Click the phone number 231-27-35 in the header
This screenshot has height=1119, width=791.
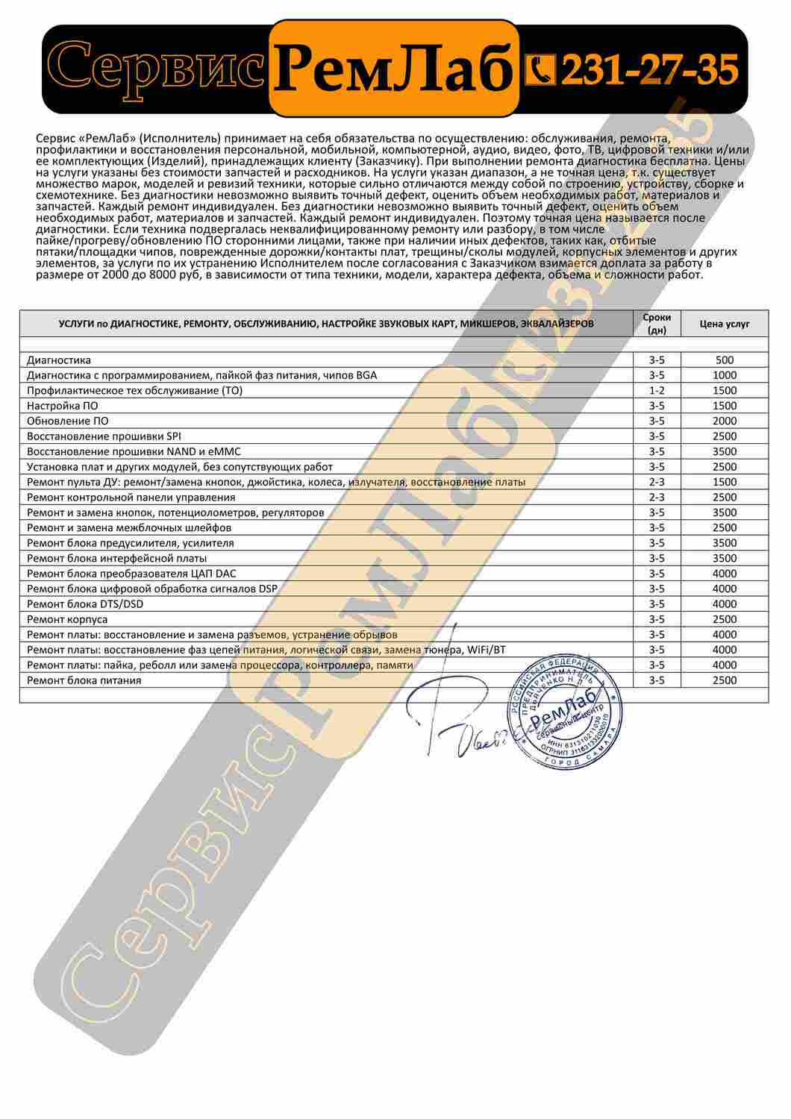(x=648, y=70)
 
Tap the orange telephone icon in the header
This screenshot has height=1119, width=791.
(x=540, y=70)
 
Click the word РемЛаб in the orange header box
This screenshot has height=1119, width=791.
(x=394, y=69)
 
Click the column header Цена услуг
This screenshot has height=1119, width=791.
(x=724, y=324)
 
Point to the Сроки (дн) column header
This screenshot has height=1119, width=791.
(x=657, y=323)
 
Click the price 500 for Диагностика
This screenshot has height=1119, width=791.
(x=724, y=360)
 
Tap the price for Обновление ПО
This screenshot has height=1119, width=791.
(x=724, y=421)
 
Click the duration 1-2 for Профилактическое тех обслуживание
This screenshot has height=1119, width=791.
(x=657, y=390)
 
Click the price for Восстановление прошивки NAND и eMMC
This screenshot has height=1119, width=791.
(x=724, y=451)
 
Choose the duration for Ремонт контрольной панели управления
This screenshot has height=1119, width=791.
(x=657, y=497)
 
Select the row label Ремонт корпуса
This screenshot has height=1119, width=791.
(x=67, y=619)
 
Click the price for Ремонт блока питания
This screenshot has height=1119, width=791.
(x=724, y=680)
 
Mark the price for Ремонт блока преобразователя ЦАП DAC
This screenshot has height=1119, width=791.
(x=724, y=573)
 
